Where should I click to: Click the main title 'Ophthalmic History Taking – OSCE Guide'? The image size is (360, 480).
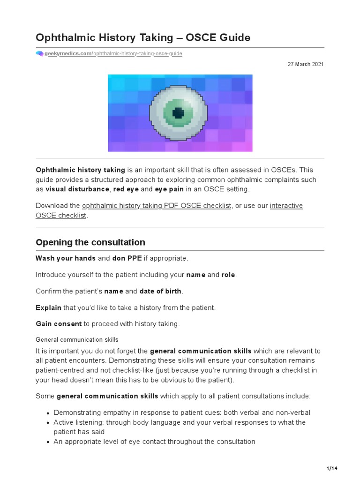pyautogui.click(x=143, y=37)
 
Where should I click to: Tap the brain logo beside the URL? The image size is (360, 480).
pyautogui.click(x=39, y=53)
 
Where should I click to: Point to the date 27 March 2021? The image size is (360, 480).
pyautogui.click(x=305, y=64)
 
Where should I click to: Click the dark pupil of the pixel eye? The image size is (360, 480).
pyautogui.click(x=178, y=112)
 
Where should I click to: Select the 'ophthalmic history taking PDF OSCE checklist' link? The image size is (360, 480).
pyautogui.click(x=157, y=206)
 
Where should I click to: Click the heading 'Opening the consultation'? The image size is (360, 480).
pyautogui.click(x=90, y=242)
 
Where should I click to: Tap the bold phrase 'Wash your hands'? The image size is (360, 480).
pyautogui.click(x=66, y=258)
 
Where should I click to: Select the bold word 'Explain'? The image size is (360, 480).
pyautogui.click(x=48, y=307)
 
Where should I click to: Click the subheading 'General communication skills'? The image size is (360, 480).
pyautogui.click(x=77, y=339)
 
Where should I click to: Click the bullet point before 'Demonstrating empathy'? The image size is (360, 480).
pyautogui.click(x=48, y=413)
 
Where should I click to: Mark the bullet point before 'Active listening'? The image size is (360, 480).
pyautogui.click(x=48, y=423)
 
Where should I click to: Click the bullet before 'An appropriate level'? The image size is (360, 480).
pyautogui.click(x=48, y=442)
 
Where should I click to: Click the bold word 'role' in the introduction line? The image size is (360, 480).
pyautogui.click(x=228, y=275)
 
